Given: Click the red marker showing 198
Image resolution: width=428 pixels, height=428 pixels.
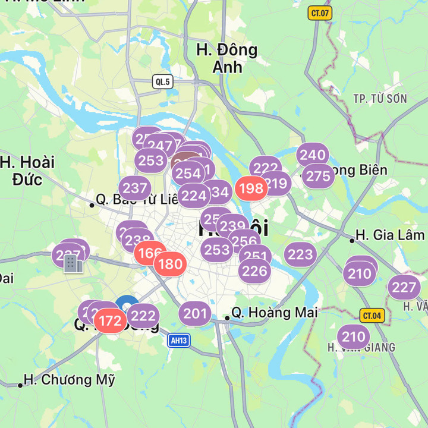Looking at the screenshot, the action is (x=251, y=189).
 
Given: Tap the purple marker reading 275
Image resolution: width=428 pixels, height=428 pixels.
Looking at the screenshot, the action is (x=318, y=176).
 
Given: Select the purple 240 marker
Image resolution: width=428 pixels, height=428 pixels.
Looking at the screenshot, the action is (x=312, y=155).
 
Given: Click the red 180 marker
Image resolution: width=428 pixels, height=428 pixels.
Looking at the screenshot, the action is (x=171, y=263).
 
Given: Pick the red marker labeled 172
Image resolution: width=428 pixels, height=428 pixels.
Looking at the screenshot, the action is (x=110, y=322).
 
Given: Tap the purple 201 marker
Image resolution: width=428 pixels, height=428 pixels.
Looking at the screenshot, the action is (x=195, y=313).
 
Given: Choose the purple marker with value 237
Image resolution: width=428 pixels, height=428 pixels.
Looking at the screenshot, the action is (x=135, y=188).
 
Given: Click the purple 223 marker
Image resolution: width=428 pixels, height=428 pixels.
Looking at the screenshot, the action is (x=300, y=254).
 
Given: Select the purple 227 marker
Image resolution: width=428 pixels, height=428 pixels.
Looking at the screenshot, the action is (x=404, y=288).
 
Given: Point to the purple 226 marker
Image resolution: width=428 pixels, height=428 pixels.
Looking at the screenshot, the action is (x=254, y=271).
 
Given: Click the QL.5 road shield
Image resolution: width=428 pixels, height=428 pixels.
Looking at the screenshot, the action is (x=163, y=82).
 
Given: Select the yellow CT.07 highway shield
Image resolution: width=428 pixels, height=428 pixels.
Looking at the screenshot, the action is (x=320, y=13).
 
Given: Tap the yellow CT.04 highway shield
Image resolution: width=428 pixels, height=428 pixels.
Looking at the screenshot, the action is (x=371, y=315).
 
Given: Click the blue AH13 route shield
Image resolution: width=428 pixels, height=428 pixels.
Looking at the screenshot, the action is (x=179, y=340).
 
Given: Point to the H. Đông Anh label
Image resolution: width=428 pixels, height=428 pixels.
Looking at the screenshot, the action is (x=227, y=58).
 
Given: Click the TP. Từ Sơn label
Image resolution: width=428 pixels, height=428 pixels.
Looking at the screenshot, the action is (x=380, y=98).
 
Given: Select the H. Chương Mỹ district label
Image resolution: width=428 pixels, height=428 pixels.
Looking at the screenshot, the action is (x=69, y=379).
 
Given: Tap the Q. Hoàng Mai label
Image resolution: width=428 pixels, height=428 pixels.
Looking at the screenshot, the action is (x=274, y=312).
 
